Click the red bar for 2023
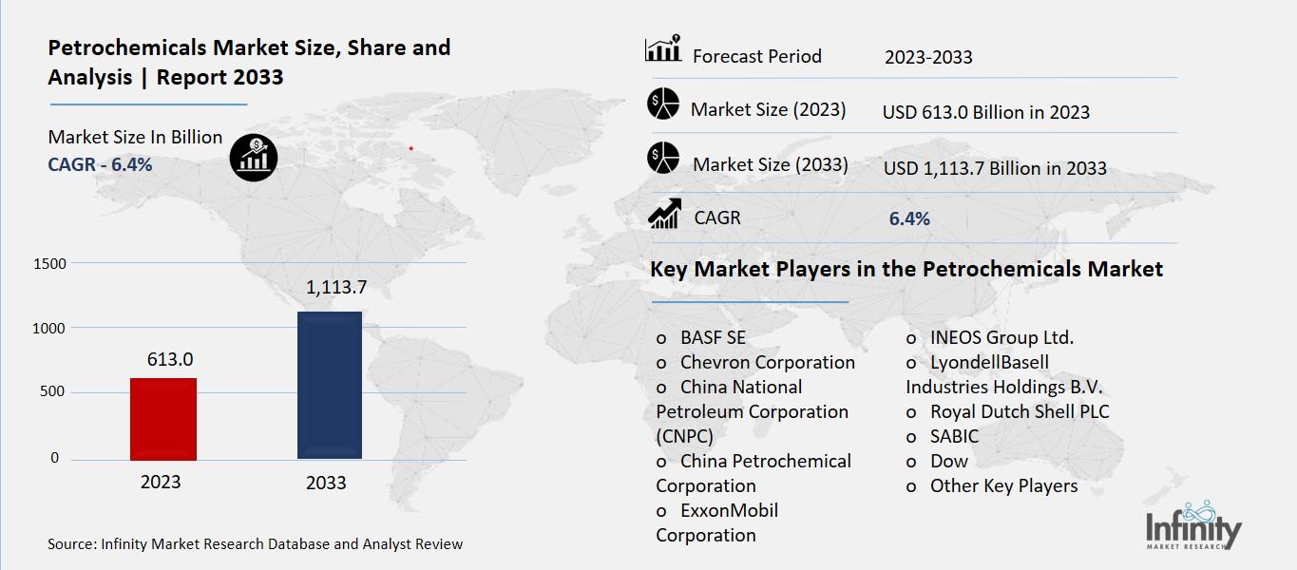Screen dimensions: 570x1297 [x=162, y=418]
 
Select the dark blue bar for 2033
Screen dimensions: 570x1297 [x=329, y=385]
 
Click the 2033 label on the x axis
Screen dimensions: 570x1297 [x=326, y=483]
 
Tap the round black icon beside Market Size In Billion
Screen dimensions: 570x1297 [x=253, y=157]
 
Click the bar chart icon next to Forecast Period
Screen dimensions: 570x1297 [x=663, y=49]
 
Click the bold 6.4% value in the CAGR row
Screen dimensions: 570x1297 [x=909, y=219]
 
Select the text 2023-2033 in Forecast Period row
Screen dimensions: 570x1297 [x=927, y=57]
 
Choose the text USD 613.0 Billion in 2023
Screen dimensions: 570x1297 [x=985, y=112]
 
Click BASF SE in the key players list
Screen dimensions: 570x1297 [x=713, y=337]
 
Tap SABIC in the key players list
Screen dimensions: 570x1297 [x=954, y=436]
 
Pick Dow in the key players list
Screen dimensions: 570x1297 [x=948, y=461]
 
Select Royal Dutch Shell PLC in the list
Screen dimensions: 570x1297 [x=1019, y=411]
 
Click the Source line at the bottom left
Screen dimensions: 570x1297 [x=255, y=544]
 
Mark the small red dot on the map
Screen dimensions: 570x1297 [x=410, y=148]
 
